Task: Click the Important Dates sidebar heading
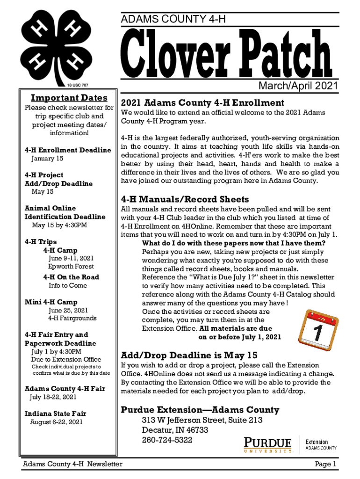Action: pos(69,98)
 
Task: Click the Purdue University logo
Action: pos(268,444)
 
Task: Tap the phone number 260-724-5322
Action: pos(167,440)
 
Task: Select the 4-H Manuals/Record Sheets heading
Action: pos(185,199)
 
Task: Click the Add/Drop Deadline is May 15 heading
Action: pos(189,355)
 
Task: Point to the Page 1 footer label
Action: pos(326,464)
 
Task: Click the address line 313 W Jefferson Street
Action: pos(202,420)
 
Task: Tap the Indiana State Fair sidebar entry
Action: pos(55,414)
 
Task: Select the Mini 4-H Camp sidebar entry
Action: pos(51,302)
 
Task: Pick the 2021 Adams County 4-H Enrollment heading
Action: pos(202,102)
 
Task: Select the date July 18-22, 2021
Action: pos(53,397)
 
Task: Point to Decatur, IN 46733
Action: pos(175,430)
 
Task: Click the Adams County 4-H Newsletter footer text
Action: pos(73,464)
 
